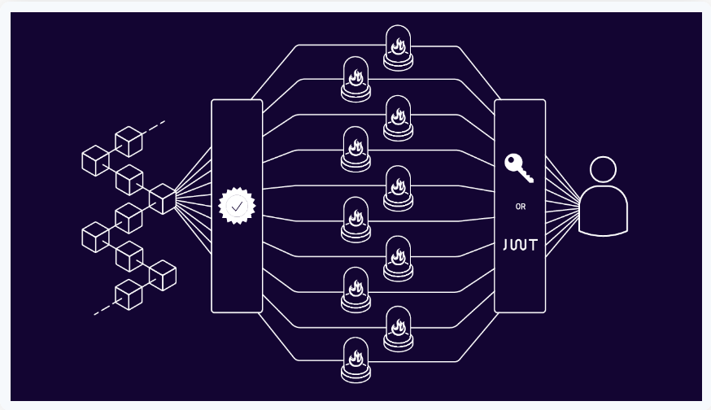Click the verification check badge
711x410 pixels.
[237, 207]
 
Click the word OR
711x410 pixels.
[521, 207]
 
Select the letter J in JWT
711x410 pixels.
[506, 245]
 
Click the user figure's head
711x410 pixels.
[603, 170]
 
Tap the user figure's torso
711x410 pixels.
[603, 212]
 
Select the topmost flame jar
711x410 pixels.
[398, 47]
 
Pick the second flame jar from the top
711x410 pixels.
[355, 78]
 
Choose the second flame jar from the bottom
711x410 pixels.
[398, 328]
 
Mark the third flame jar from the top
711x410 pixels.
[398, 117]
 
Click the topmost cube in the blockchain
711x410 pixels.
[129, 141]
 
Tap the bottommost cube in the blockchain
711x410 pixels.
[129, 294]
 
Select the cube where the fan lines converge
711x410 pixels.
[163, 198]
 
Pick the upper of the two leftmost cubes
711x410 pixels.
[95, 160]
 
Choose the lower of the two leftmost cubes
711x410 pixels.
[95, 237]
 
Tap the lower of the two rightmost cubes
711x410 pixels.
[163, 275]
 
